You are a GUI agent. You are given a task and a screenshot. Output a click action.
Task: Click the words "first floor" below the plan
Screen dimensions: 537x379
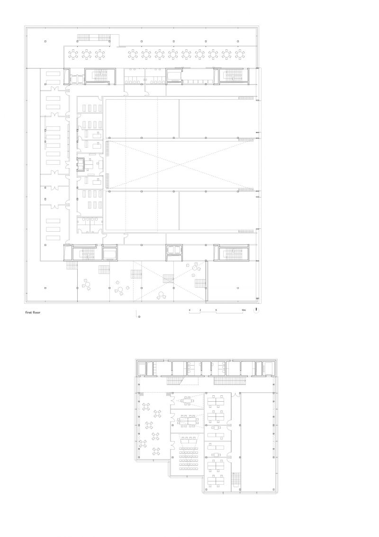coord(33,313)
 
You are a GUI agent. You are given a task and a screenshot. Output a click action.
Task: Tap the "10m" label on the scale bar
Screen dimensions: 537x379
coord(243,310)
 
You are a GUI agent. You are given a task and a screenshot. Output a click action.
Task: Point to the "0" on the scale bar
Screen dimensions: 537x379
coord(189,310)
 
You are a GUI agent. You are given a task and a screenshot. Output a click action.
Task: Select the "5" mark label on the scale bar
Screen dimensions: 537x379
coord(217,310)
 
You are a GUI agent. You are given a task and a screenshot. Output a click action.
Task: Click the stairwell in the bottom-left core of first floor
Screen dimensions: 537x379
coord(85,253)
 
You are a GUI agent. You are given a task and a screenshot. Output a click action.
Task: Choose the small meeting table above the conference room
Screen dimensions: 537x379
coord(189,400)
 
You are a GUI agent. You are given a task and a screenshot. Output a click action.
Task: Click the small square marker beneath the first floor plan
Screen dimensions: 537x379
coord(139,317)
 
